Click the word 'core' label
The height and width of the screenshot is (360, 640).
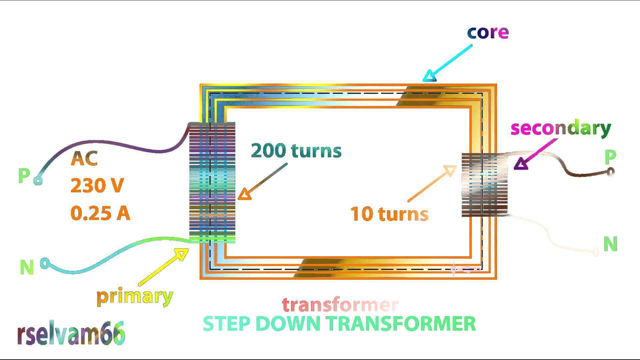click(x=488, y=32)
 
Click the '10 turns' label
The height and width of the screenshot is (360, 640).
click(x=389, y=214)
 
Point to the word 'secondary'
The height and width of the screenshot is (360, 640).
click(x=561, y=128)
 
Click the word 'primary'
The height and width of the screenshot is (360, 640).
click(x=135, y=296)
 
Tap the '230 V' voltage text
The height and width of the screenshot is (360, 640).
click(x=97, y=185)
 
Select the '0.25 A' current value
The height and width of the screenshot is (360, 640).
click(x=100, y=213)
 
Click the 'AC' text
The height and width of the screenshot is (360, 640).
click(x=84, y=159)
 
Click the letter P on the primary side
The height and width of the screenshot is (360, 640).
click(x=24, y=175)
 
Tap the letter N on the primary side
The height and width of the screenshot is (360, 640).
click(x=27, y=267)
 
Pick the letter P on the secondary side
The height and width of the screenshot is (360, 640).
click(x=610, y=157)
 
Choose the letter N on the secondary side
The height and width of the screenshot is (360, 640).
click(x=610, y=244)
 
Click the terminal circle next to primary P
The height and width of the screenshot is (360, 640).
click(x=38, y=181)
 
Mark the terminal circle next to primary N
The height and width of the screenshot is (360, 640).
click(x=45, y=263)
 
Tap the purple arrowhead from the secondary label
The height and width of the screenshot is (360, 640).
click(x=520, y=164)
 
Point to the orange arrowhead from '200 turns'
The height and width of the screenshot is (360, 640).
click(x=245, y=194)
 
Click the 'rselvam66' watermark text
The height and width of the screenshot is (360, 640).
click(x=71, y=333)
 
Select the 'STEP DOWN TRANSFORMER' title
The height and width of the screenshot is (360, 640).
click(x=339, y=324)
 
